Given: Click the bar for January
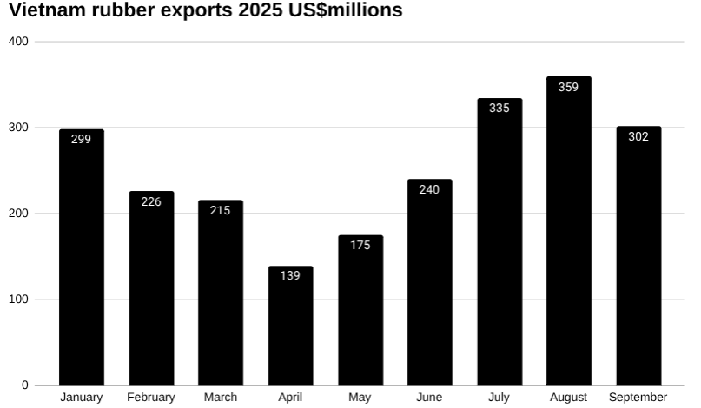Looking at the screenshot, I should tap(82, 260).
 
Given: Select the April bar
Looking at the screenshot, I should tap(290, 330).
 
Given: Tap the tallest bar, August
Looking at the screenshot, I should tap(569, 234).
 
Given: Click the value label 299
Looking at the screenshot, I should tap(81, 139).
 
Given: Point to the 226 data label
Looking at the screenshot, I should tap(151, 201).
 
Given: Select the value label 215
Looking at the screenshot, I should tap(221, 210).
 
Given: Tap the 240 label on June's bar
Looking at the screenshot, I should tap(429, 189).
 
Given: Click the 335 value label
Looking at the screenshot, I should tap(499, 109).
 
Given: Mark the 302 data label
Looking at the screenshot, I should tap(638, 136).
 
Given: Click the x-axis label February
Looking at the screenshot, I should tap(151, 398).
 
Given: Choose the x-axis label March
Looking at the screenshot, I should tap(221, 398).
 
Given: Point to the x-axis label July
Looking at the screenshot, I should tap(499, 398).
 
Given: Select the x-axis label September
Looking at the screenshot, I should tap(638, 398).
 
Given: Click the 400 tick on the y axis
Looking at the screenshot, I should tap(19, 42).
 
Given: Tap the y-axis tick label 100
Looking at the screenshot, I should tap(19, 299).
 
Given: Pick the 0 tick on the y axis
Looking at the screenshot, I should tap(25, 385).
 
